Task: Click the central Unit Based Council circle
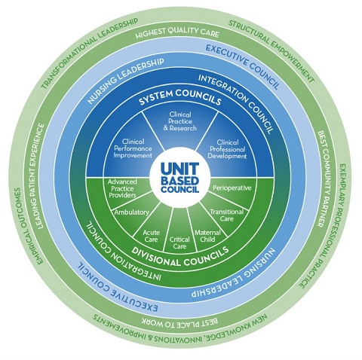pyautogui.click(x=181, y=178)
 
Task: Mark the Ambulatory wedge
pyautogui.click(x=131, y=213)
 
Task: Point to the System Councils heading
pyautogui.click(x=180, y=99)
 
